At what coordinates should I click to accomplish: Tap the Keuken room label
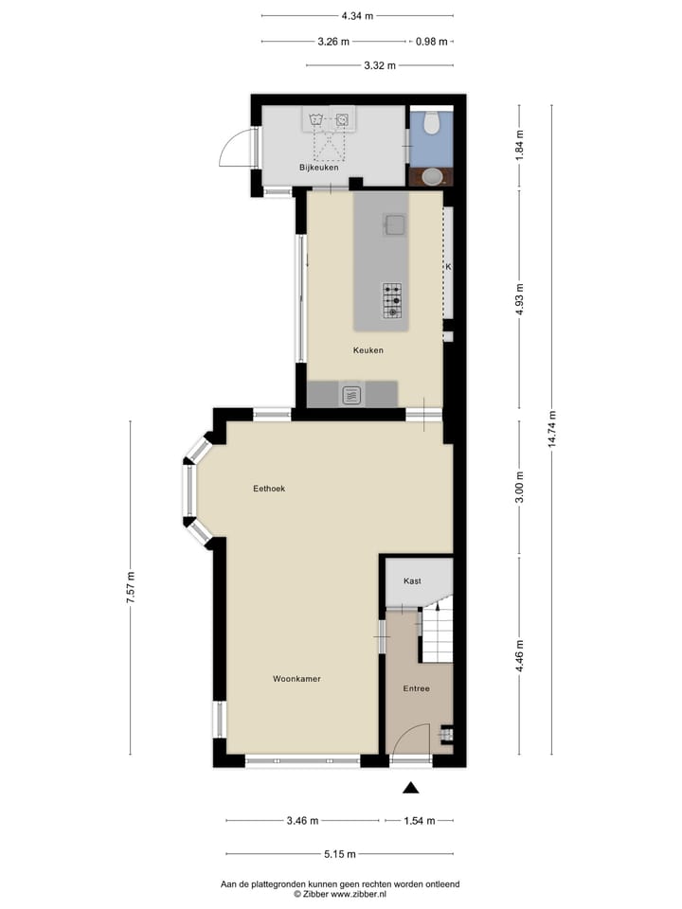368,350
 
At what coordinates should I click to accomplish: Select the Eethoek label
269,489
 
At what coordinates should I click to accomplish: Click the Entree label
415,688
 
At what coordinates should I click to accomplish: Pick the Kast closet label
412,580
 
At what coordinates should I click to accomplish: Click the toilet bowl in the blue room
432,123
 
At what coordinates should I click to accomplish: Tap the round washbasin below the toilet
432,175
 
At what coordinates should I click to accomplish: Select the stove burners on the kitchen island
392,300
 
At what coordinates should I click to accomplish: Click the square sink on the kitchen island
394,224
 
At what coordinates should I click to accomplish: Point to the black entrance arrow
410,787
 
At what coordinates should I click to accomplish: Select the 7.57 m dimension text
131,588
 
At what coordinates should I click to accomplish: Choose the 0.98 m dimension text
433,42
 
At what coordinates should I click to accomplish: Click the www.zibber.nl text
359,893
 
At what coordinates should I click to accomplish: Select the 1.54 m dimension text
418,821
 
